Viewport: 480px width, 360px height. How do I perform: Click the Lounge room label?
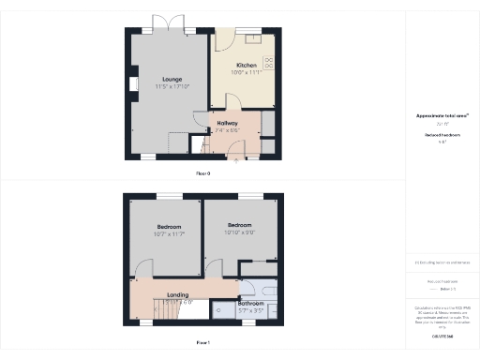click(171, 79)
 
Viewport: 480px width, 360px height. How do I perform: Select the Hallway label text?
click(227, 123)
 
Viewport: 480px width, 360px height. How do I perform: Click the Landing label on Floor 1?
click(177, 295)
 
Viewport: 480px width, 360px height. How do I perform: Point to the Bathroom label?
click(250, 303)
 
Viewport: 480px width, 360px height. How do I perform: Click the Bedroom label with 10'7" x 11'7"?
click(170, 227)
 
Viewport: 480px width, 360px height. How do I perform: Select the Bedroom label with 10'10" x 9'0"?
click(240, 224)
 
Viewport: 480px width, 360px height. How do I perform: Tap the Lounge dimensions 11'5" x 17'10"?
click(172, 86)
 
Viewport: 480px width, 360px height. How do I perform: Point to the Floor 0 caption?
click(202, 173)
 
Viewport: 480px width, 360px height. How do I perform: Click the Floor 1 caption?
click(202, 343)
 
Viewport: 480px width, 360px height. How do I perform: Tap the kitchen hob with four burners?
click(269, 64)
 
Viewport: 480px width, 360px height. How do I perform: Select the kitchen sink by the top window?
click(253, 38)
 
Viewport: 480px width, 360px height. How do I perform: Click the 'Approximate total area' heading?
click(442, 115)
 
